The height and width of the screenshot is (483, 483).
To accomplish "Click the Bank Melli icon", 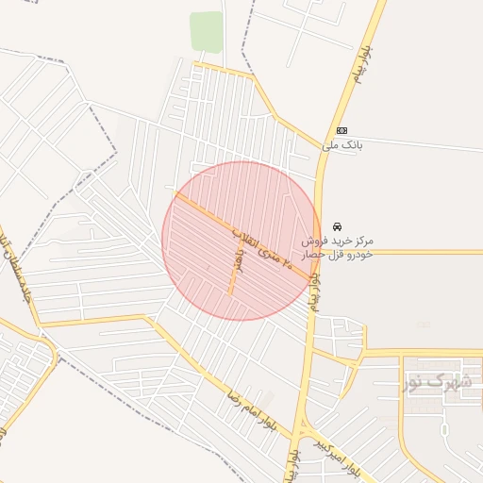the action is (x=341, y=130).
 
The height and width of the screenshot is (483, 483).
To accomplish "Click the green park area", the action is (x=206, y=31).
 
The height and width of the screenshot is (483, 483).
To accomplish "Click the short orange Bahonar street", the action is (x=230, y=274).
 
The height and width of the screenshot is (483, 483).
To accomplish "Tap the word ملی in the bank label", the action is (x=329, y=145).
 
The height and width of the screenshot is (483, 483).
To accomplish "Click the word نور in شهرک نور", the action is (x=416, y=381).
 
